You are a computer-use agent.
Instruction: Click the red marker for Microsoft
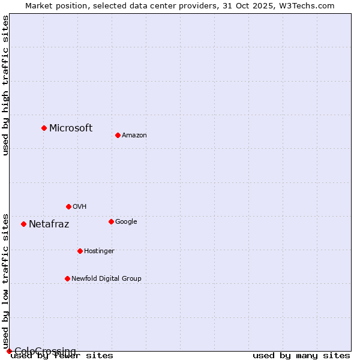click(x=44, y=128)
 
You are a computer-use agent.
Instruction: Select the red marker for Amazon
click(x=118, y=135)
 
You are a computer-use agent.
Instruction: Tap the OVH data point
click(x=68, y=206)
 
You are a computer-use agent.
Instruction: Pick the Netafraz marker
click(x=23, y=224)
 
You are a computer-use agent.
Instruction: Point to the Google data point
click(x=111, y=221)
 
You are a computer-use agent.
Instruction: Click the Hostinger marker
click(x=80, y=251)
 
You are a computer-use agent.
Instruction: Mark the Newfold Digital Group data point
click(x=67, y=278)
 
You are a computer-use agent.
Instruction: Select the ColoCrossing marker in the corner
click(x=9, y=351)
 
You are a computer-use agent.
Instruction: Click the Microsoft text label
click(x=71, y=128)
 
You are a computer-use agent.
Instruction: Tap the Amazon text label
click(x=134, y=135)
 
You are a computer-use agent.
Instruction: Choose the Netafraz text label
click(x=49, y=224)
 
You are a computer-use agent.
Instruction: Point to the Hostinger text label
click(x=99, y=251)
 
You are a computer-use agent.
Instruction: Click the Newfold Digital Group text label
click(x=106, y=278)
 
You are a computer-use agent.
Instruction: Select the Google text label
click(x=126, y=221)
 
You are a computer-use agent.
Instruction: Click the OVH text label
click(x=80, y=206)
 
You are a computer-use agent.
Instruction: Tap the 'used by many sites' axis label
click(x=301, y=356)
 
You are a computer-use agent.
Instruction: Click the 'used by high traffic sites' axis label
click(x=5, y=85)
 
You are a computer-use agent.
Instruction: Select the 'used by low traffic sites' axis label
click(x=5, y=281)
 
